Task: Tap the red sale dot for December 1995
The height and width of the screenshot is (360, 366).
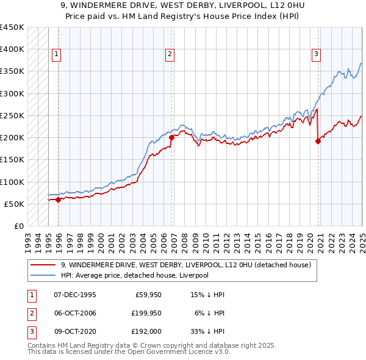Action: [59, 200]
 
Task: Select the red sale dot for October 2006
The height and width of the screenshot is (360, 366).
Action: [171, 137]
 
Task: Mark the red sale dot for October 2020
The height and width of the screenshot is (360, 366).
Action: [318, 141]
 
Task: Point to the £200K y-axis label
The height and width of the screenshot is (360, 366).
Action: [12, 137]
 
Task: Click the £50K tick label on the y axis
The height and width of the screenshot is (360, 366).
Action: [14, 204]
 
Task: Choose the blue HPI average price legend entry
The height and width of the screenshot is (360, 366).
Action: [134, 275]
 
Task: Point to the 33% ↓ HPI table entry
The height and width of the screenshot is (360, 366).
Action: [208, 331]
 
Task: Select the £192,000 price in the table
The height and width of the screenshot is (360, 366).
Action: [147, 331]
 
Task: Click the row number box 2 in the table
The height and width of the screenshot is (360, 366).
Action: [31, 313]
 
